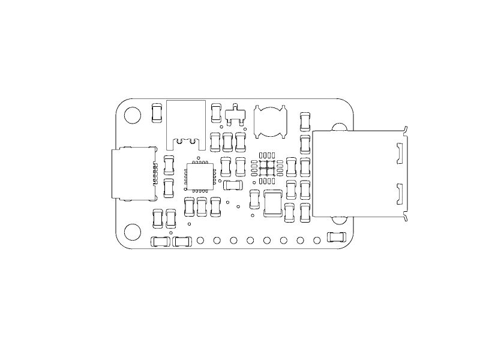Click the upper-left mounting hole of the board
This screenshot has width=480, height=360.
point(132,115)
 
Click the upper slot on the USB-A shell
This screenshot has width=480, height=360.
point(399,153)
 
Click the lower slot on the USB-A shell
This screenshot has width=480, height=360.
point(399,194)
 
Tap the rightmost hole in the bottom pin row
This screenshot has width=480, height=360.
point(317,241)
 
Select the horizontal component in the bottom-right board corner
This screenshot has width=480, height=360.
point(337,237)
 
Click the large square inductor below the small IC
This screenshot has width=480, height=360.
point(273,203)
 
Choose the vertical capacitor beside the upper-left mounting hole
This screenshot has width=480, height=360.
point(157,113)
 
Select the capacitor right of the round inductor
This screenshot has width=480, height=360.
point(305,121)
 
